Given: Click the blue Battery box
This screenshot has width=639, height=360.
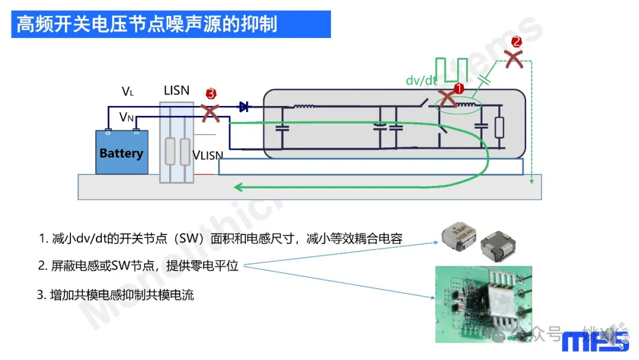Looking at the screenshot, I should pyautogui.click(x=122, y=153).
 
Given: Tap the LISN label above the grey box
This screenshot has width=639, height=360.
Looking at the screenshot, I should pyautogui.click(x=176, y=91).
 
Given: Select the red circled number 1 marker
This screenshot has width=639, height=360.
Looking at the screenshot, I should pyautogui.click(x=459, y=89).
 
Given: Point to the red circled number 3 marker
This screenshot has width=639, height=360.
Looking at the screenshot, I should pyautogui.click(x=211, y=94).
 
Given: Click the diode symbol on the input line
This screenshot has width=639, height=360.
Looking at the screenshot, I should pyautogui.click(x=243, y=107).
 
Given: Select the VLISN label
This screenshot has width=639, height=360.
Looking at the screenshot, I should pyautogui.click(x=208, y=156).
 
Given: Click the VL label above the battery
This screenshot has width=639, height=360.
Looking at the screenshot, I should pyautogui.click(x=128, y=91).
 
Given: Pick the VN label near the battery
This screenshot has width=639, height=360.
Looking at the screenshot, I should pyautogui.click(x=127, y=117).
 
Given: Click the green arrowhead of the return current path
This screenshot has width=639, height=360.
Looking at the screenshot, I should pyautogui.click(x=238, y=187).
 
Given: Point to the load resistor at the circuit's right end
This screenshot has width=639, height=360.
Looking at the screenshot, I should pyautogui.click(x=501, y=127).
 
